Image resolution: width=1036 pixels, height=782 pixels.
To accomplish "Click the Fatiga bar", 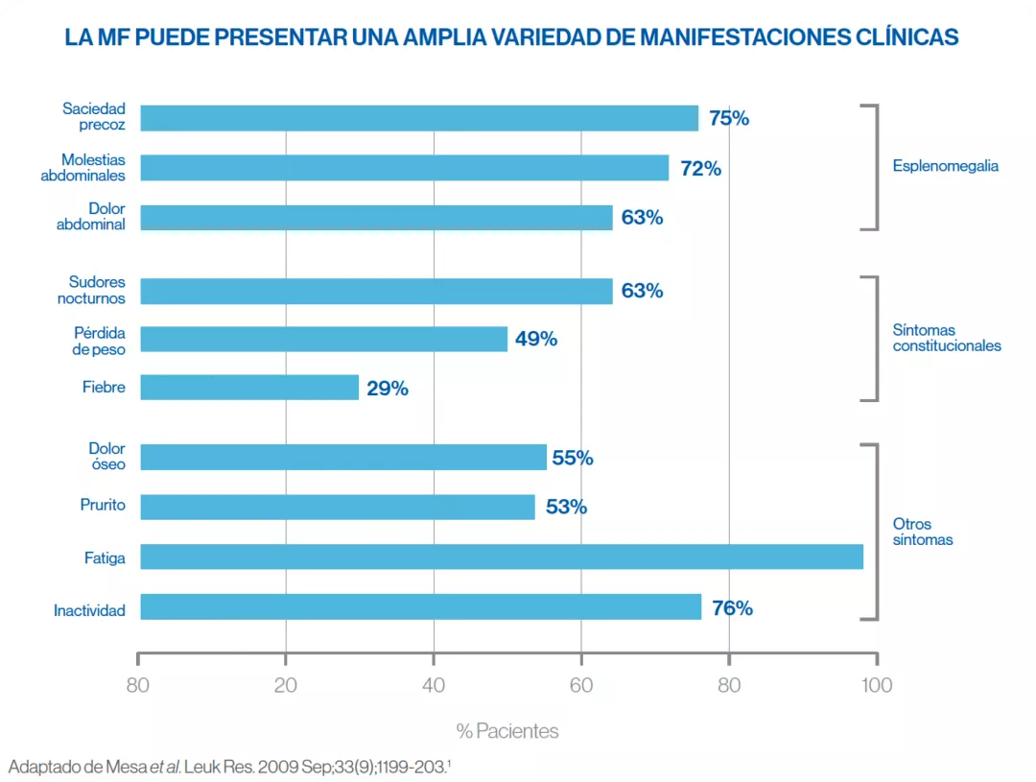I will (501, 557).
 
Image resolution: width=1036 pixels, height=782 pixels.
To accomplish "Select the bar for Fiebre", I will (249, 388).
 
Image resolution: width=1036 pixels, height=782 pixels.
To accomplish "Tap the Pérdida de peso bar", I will (323, 339).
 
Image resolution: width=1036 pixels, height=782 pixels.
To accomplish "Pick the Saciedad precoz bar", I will (419, 118).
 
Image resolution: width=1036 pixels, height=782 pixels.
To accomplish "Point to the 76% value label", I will (732, 607).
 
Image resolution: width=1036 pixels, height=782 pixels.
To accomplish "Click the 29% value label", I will (388, 389).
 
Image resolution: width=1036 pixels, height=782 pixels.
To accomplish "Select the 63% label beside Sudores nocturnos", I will (642, 291).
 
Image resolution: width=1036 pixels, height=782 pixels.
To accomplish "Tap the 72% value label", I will (700, 169).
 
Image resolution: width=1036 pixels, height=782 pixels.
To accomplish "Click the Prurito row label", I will (103, 505).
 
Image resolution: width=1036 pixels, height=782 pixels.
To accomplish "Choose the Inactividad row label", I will (89, 610).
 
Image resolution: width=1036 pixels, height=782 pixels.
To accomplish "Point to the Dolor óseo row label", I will (106, 456).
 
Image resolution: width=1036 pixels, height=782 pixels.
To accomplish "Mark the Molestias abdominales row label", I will (82, 168).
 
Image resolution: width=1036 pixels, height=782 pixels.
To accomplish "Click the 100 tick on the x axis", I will (877, 685).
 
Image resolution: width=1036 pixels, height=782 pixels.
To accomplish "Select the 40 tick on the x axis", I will (434, 685).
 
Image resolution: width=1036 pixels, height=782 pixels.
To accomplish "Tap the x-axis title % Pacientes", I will (507, 731).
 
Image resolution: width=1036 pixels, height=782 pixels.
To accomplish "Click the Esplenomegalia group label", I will (945, 166).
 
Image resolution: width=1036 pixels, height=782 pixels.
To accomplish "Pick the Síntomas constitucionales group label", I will (946, 338).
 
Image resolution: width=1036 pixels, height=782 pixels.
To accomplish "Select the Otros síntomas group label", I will (923, 532).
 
